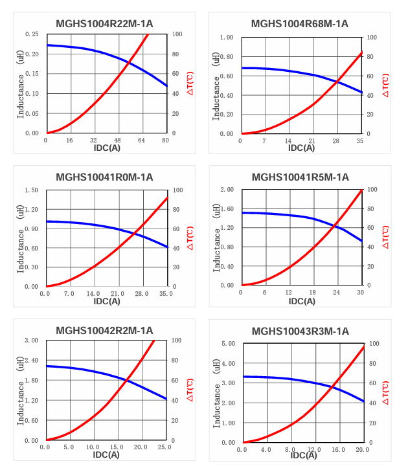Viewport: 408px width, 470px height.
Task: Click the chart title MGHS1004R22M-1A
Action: (105, 24)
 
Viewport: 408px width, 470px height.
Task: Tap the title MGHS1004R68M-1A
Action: (300, 24)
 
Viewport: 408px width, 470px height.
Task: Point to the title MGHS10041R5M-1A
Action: (300, 177)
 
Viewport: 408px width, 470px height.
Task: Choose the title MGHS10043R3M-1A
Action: (300, 331)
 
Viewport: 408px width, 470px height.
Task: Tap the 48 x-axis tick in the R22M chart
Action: (118, 140)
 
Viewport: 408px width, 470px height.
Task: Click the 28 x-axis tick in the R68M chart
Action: (336, 140)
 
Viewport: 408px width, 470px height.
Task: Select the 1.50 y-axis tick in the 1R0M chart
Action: (31, 190)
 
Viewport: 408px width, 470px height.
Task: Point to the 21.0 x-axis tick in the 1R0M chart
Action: (118, 293)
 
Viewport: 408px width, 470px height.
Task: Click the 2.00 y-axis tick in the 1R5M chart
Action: (227, 190)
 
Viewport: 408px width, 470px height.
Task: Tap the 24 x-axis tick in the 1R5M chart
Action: (337, 293)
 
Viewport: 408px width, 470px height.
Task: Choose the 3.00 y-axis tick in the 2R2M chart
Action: (31, 341)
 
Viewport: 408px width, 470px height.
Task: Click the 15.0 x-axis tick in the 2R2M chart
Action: (117, 447)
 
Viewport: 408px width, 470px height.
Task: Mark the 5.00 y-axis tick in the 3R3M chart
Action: (227, 344)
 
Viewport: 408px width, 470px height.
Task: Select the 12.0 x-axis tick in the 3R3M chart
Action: (314, 449)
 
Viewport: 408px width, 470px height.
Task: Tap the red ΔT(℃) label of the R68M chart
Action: (386, 85)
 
